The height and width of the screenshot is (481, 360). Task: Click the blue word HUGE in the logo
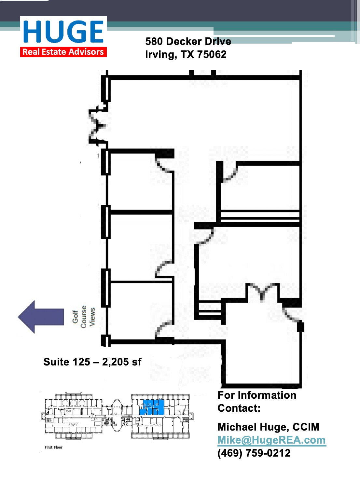tap(63, 32)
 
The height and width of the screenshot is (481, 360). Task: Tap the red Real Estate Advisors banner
tap(63, 52)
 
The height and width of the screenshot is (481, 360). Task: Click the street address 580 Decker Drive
tap(188, 41)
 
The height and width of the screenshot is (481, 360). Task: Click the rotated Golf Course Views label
tap(84, 317)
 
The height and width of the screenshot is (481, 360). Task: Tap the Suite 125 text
tap(66, 362)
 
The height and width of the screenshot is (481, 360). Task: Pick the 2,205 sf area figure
tap(122, 362)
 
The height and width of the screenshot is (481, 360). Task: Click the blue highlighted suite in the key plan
tap(152, 407)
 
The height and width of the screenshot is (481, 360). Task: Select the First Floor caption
tap(53, 447)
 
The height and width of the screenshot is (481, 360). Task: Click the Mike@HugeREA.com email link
tap(271, 440)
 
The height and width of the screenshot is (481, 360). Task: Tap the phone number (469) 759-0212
tap(254, 453)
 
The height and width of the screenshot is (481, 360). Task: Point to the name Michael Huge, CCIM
tap(268, 427)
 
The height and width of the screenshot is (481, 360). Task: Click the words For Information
tap(257, 395)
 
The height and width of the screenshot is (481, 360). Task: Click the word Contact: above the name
tap(239, 408)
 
